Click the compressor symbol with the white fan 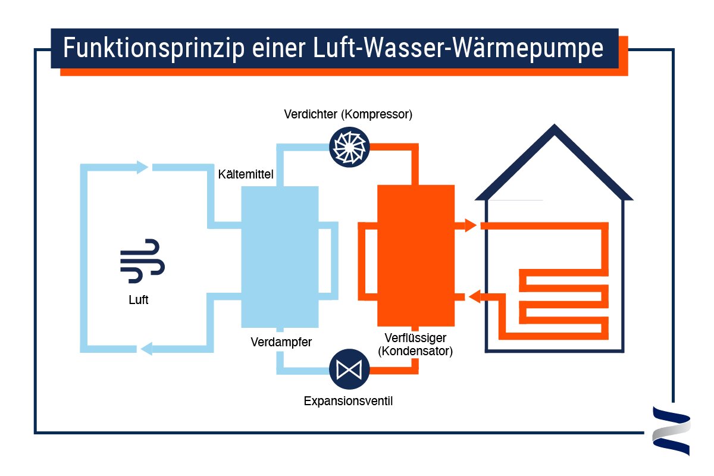pos(350,146)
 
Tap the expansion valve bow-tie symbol pos(349,369)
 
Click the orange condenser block pos(416,256)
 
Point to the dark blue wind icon pos(143,261)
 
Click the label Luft pos(138,300)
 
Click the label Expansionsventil pos(348,401)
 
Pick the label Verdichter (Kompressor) pos(348,114)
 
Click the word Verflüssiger pos(415,339)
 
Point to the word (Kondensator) pos(415,351)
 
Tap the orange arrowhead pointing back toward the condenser pos(474,296)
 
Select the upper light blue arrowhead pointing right pos(142,167)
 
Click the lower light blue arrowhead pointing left pos(145,349)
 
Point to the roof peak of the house pos(555,129)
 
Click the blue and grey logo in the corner pos(671,431)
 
